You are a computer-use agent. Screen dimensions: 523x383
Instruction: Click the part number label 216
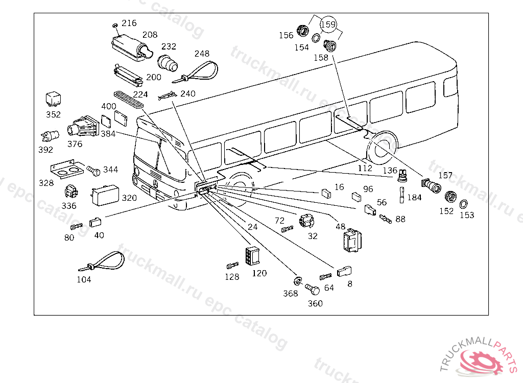click(x=129, y=23)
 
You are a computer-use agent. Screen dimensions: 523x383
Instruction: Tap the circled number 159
click(x=328, y=25)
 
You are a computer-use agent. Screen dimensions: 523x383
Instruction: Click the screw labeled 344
click(x=93, y=171)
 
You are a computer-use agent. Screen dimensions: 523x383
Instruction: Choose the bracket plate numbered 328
click(x=67, y=169)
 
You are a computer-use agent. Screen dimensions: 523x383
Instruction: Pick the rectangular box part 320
click(x=105, y=195)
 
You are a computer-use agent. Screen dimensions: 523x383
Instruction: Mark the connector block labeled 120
click(x=253, y=256)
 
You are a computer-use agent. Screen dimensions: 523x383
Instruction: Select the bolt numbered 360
click(x=312, y=289)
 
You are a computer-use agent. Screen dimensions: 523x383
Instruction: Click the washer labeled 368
click(x=298, y=281)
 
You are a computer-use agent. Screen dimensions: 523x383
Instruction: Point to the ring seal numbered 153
click(x=463, y=204)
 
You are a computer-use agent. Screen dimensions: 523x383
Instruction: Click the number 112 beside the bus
click(x=365, y=168)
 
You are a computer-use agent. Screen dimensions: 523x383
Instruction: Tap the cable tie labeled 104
click(x=102, y=261)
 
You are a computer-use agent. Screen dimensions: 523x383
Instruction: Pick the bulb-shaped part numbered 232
click(x=168, y=63)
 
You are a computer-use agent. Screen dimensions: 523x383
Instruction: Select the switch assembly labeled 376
click(x=83, y=127)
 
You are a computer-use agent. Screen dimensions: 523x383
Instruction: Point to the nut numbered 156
click(x=303, y=31)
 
